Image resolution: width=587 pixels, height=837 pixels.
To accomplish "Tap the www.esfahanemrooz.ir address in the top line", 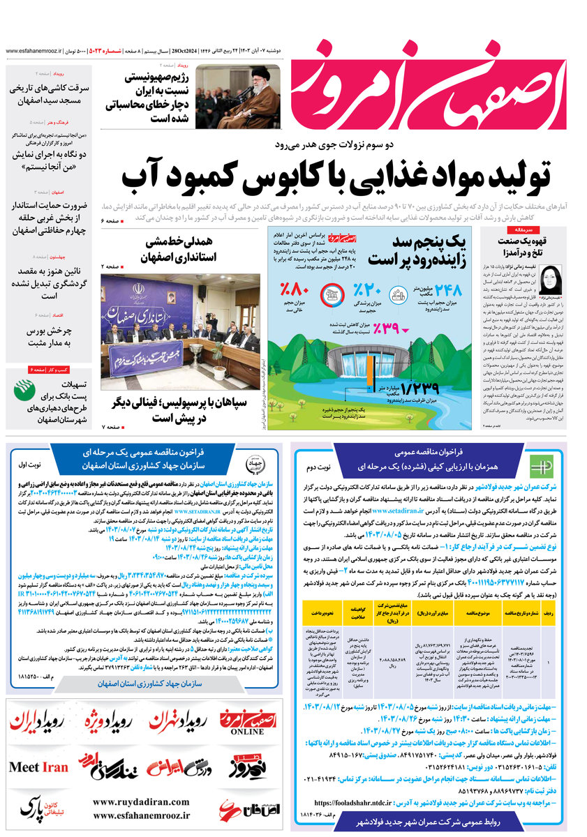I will (x=33, y=52).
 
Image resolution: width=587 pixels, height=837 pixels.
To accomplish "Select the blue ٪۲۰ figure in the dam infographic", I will (x=366, y=289).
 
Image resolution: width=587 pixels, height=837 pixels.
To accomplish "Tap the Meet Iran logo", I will (x=39, y=767).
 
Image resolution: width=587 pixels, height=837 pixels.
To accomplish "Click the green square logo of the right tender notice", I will (x=540, y=465).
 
